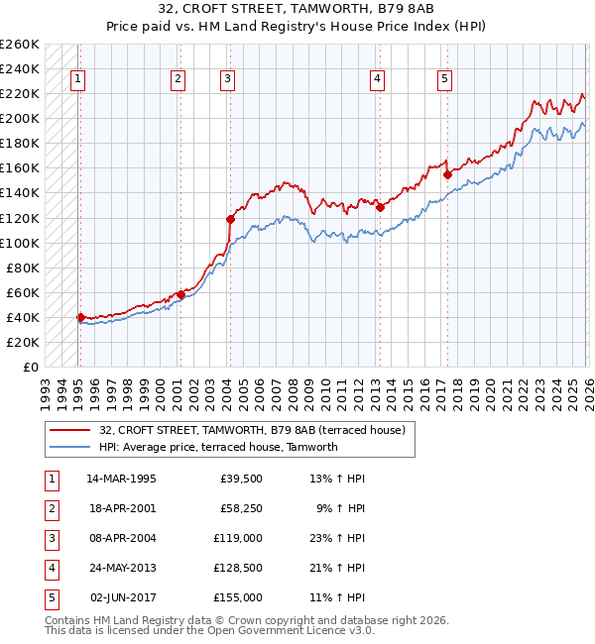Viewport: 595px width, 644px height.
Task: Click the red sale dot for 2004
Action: pos(230,219)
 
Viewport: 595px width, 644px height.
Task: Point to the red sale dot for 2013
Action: pos(380,207)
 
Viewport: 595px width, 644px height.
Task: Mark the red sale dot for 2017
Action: pos(447,174)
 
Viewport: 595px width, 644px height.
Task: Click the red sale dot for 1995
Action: pos(80,318)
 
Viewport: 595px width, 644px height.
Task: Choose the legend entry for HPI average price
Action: pos(218,447)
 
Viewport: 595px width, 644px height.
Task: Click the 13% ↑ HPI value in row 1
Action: pos(338,479)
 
